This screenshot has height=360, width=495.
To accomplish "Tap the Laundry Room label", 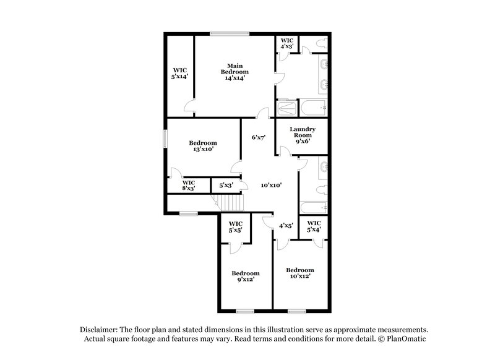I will click(303, 135).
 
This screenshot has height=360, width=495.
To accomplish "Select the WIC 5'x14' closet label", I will click(179, 74).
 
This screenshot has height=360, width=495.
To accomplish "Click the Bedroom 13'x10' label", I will click(203, 147).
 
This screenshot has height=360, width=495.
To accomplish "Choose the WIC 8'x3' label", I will click(189, 185).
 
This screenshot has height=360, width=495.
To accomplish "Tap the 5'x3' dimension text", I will click(222, 185).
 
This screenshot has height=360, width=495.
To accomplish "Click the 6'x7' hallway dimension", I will click(258, 137).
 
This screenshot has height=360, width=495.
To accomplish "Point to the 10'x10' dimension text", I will click(271, 185).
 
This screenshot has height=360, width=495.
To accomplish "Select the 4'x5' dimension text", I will click(286, 225).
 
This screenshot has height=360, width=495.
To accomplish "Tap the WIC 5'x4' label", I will click(314, 226).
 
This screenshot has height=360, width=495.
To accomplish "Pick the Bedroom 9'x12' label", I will click(245, 276).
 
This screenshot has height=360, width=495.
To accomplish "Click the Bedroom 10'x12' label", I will click(299, 273).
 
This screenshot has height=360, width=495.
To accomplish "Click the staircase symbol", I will click(230, 202).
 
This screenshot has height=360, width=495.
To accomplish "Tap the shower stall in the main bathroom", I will click(285, 109).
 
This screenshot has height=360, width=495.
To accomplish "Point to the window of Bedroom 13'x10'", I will click(165, 139).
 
